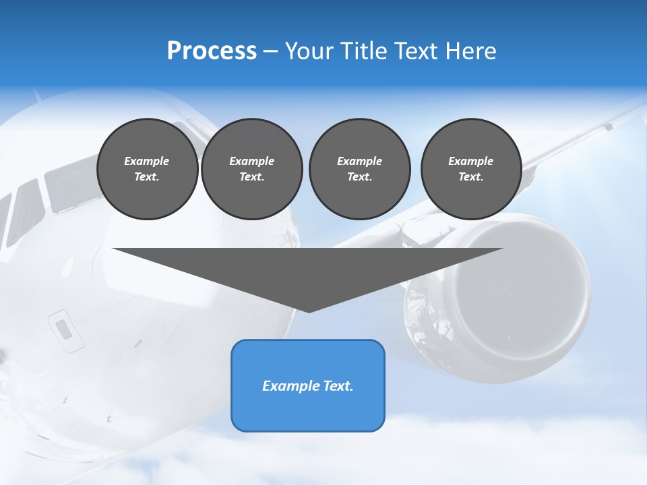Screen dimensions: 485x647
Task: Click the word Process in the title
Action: click(x=212, y=51)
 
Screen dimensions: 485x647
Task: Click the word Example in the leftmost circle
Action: click(x=147, y=161)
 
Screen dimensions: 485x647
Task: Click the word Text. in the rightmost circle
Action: click(x=471, y=177)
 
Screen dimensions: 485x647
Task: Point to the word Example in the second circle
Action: click(x=251, y=161)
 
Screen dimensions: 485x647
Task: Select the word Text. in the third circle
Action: click(x=359, y=177)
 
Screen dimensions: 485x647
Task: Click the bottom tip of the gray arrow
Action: click(x=309, y=311)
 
